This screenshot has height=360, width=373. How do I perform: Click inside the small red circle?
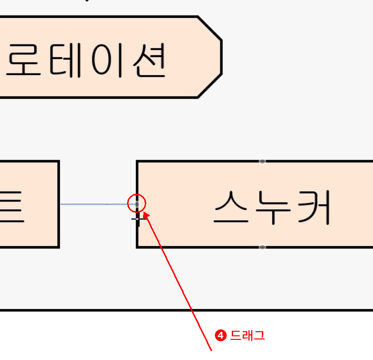click(x=136, y=203)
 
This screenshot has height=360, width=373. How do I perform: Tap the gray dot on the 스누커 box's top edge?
click(x=262, y=161)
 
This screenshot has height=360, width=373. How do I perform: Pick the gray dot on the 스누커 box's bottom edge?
click(x=262, y=247)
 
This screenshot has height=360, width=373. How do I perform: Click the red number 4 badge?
click(x=221, y=336)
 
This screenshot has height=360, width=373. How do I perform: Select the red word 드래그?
click(x=247, y=336)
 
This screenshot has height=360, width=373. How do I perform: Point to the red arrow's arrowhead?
click(x=146, y=213)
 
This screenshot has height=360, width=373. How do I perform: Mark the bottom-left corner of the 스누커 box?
click(x=137, y=247)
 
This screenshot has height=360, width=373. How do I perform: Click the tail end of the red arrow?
click(x=211, y=351)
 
